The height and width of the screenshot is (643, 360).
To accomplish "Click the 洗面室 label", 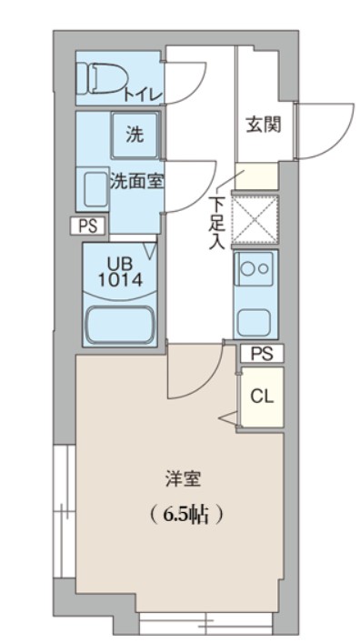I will [136, 180].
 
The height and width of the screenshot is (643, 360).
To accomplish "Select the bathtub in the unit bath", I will [119, 325].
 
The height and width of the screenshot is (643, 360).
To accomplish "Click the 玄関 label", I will [262, 125].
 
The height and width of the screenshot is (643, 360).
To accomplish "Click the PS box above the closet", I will [262, 354].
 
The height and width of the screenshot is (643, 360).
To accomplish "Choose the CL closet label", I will [262, 396].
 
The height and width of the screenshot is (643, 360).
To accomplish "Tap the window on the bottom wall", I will [205, 624].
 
